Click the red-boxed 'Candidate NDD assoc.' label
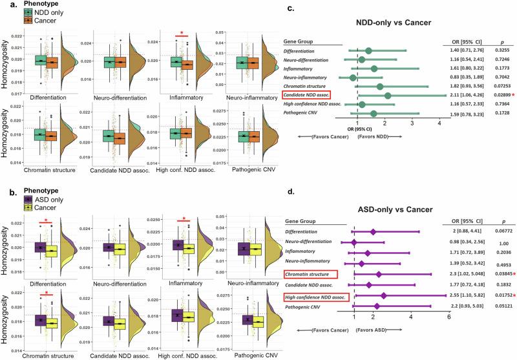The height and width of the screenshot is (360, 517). (313, 96)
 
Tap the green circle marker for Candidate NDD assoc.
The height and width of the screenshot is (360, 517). (387, 96)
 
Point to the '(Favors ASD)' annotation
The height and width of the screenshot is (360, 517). (372, 330)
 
